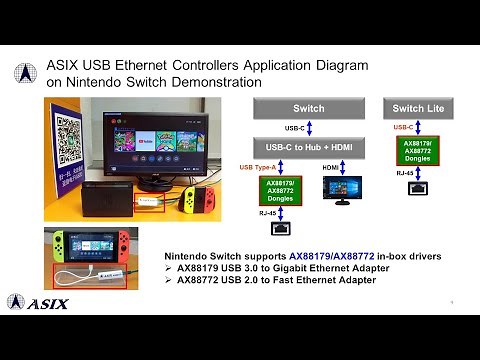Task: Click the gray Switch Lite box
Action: (419, 108)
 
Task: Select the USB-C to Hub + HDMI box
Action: (308, 146)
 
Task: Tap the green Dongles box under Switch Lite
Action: (417, 151)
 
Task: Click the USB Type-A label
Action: (258, 166)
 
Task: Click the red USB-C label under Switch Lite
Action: (403, 128)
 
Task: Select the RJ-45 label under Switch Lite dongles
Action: (403, 172)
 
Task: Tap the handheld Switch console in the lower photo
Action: (88, 246)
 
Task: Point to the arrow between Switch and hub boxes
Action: (308, 127)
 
